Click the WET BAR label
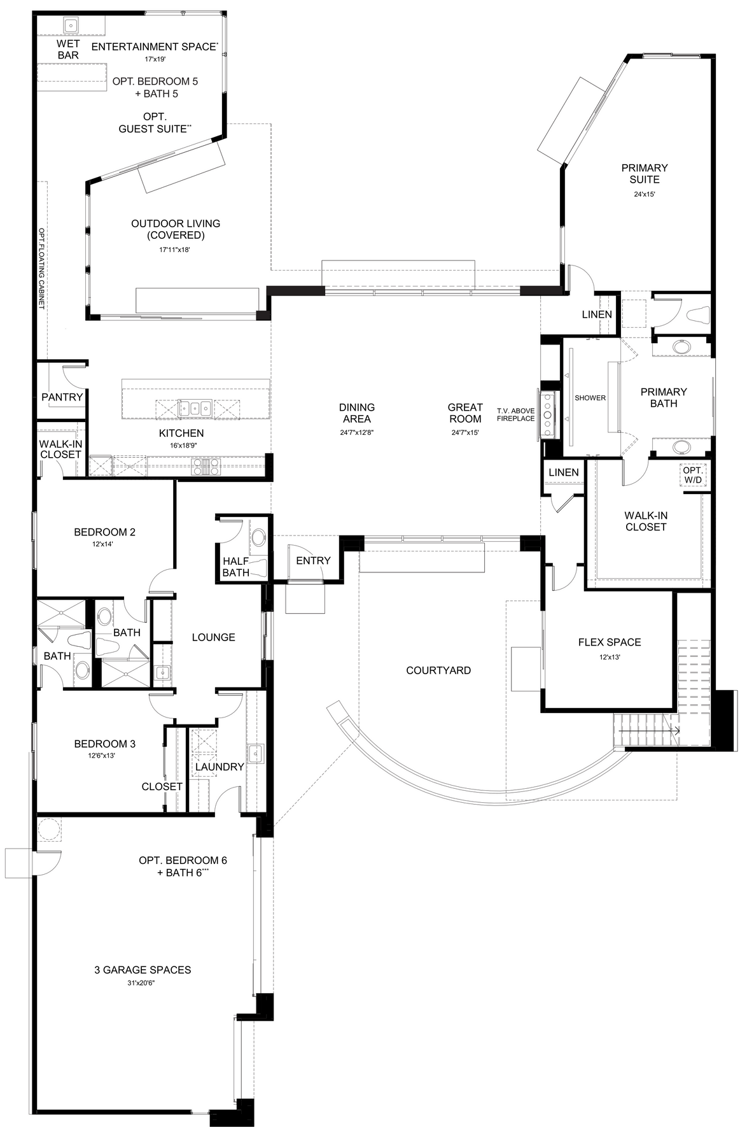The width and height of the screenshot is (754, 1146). tap(68, 49)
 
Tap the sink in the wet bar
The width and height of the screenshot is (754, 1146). tap(71, 25)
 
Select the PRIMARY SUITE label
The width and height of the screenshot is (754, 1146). tap(645, 173)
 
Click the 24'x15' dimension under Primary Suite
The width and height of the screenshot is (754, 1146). tap(645, 195)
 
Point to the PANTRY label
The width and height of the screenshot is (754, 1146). tap(62, 397)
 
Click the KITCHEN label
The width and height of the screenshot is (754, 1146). tap(181, 433)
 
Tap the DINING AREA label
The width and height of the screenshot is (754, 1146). tap(357, 413)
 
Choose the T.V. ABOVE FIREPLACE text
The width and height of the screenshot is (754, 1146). tap(516, 414)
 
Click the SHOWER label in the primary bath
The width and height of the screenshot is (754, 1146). tap(590, 398)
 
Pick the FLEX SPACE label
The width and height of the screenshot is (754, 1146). tap(610, 642)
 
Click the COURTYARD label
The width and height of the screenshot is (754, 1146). tap(438, 670)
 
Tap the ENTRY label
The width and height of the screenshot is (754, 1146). tap(313, 560)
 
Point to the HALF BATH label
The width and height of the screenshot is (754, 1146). tap(236, 567)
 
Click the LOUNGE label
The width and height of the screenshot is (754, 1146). tap(213, 637)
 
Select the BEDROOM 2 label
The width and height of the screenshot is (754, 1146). tap(104, 532)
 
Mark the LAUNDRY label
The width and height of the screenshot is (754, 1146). tap(220, 767)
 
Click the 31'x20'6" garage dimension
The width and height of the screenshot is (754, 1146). tap(143, 983)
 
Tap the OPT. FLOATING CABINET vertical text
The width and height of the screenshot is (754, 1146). tap(42, 269)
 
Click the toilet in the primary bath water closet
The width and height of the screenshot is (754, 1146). tap(697, 314)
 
